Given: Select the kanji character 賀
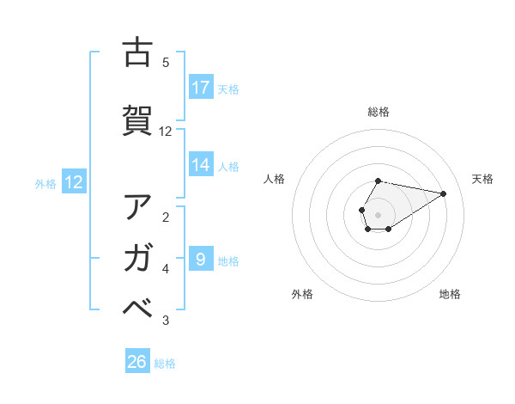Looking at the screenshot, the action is pyautogui.click(x=137, y=120).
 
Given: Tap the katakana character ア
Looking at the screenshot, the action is pyautogui.click(x=137, y=207).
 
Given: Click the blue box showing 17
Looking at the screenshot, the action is pyautogui.click(x=201, y=88).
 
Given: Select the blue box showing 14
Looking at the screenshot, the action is pyautogui.click(x=201, y=166).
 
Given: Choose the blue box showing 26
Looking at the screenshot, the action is pyautogui.click(x=137, y=362).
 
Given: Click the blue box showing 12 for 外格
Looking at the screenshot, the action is pyautogui.click(x=73, y=182).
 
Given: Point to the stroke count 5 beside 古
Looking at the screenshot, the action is pyautogui.click(x=166, y=62).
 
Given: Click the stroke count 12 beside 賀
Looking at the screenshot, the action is pyautogui.click(x=166, y=131).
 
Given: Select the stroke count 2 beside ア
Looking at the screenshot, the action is pyautogui.click(x=166, y=216).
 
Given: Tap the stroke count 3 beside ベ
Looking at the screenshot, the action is pyautogui.click(x=166, y=321).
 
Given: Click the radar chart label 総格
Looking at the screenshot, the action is pyautogui.click(x=379, y=112).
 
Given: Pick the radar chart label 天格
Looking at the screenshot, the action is pyautogui.click(x=482, y=179).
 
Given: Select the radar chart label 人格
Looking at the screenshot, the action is pyautogui.click(x=275, y=179).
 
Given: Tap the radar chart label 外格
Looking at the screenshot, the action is pyautogui.click(x=302, y=294).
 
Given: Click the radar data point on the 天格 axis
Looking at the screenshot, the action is pyautogui.click(x=444, y=193).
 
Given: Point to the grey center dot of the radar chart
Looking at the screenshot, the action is pyautogui.click(x=379, y=214).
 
